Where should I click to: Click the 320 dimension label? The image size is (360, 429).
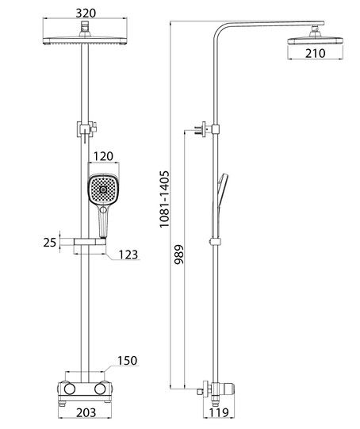tap(86, 13)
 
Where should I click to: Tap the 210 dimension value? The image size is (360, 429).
tap(316, 53)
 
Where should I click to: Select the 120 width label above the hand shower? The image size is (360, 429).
tap(103, 156)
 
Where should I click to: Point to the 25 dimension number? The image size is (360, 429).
tap(50, 243)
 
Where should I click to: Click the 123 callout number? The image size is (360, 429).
tap(128, 255)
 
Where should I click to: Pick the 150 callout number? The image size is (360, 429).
tap(127, 361)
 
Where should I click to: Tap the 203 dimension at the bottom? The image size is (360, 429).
tap(86, 413)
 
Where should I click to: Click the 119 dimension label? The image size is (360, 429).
tap(219, 412)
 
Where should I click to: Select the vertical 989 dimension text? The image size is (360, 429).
tap(179, 255)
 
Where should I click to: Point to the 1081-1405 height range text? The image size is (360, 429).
tap(164, 199)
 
